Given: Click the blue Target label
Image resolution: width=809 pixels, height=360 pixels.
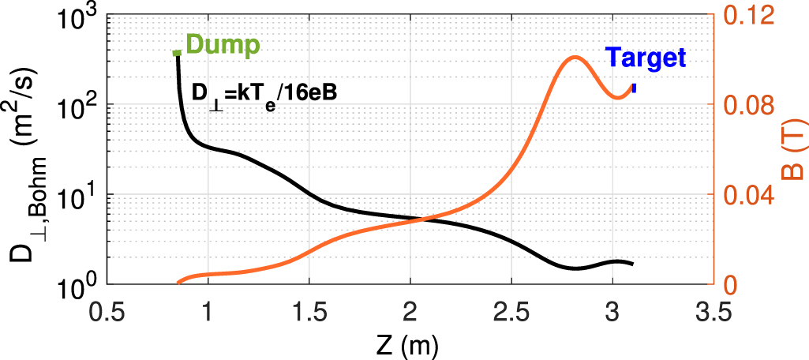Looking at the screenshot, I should (x=646, y=57).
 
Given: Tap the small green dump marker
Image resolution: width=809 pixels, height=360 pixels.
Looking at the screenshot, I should (x=177, y=53).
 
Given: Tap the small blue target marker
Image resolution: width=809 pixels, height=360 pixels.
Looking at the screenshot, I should (x=634, y=88).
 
